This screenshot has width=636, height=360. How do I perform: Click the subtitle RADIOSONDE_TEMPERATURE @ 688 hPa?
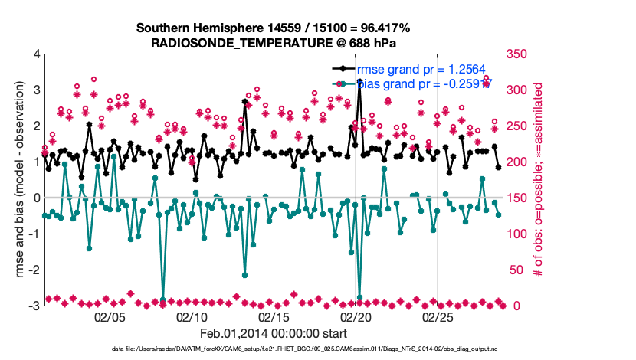pos(273,43)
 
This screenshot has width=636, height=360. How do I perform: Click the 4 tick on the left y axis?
pos(35,54)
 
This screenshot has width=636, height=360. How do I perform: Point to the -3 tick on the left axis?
pos(33,306)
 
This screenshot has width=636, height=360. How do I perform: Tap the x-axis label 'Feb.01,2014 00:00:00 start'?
pos(273,333)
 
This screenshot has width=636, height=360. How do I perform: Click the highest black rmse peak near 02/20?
pos(359,80)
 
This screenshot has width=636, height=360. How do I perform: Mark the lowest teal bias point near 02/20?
pos(359,297)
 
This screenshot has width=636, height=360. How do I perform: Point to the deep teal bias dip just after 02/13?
pos(244,275)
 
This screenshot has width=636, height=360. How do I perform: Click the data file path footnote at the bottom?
pos(273,349)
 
